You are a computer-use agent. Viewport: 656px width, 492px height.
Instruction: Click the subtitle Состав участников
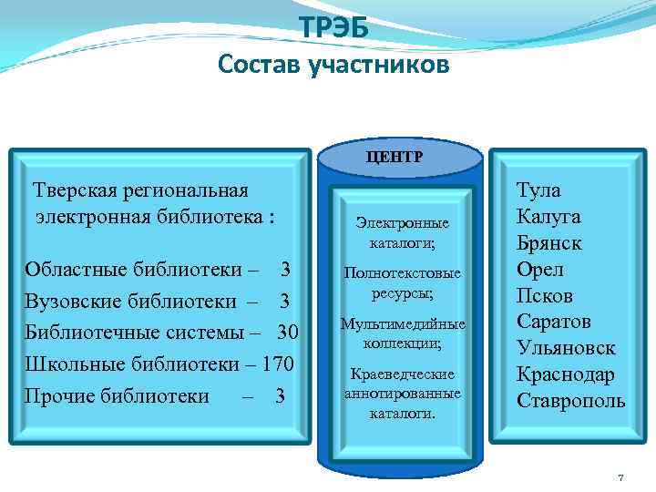[333, 66]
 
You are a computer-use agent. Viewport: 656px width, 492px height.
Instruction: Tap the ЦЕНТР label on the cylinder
[395, 156]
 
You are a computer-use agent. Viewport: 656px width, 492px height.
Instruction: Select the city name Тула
[538, 190]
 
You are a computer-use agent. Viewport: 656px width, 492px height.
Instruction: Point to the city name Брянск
[548, 243]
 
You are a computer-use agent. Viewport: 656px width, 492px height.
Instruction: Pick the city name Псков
[545, 296]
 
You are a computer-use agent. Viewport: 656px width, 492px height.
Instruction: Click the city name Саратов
[553, 322]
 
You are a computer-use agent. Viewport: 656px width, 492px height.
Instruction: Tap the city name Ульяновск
[566, 348]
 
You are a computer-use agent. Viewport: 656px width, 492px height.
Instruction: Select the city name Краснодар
[566, 374]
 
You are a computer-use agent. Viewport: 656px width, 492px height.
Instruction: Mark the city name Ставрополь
[570, 401]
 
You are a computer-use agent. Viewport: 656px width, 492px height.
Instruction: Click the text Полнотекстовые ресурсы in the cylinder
[402, 283]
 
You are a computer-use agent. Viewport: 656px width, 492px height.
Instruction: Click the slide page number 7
[620, 477]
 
